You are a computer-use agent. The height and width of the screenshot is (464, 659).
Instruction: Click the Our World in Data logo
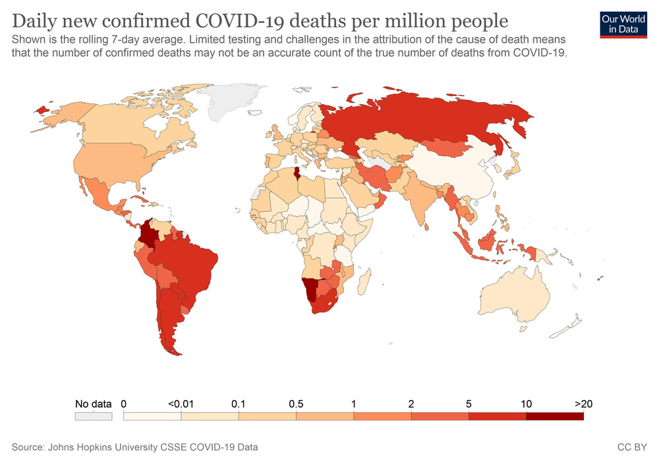623,24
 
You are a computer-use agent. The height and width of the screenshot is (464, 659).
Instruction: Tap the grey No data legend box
93,416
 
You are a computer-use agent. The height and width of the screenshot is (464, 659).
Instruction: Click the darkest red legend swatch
554,416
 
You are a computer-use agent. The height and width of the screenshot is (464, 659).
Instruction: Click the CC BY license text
632,448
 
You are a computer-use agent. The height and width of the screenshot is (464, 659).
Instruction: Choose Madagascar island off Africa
361,285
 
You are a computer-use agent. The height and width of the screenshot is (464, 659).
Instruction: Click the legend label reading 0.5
296,403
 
